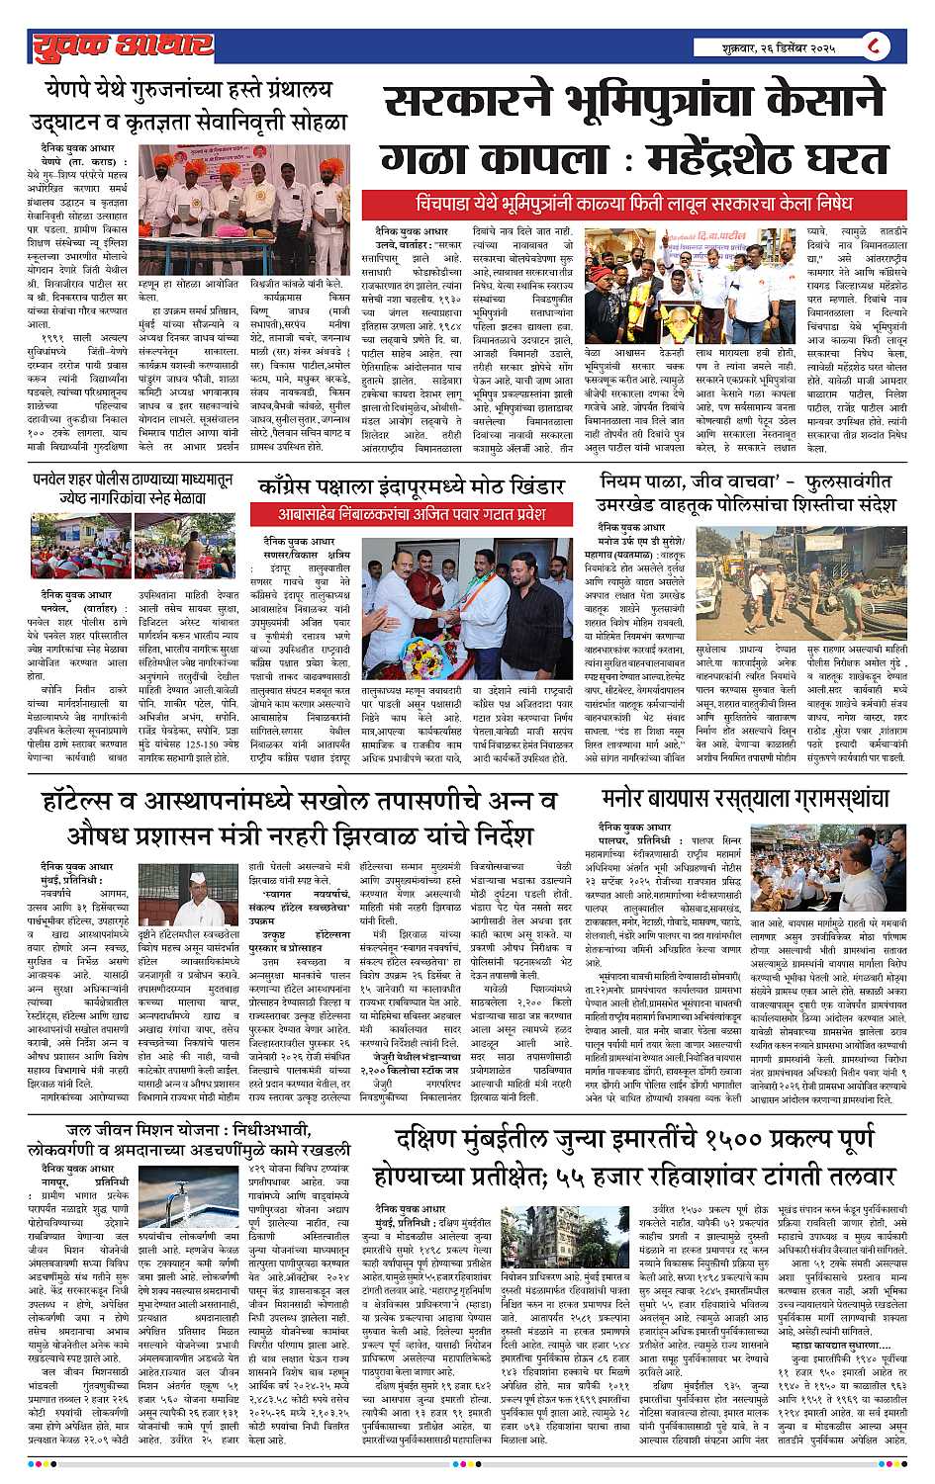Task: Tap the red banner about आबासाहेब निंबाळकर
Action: pos(411,514)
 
